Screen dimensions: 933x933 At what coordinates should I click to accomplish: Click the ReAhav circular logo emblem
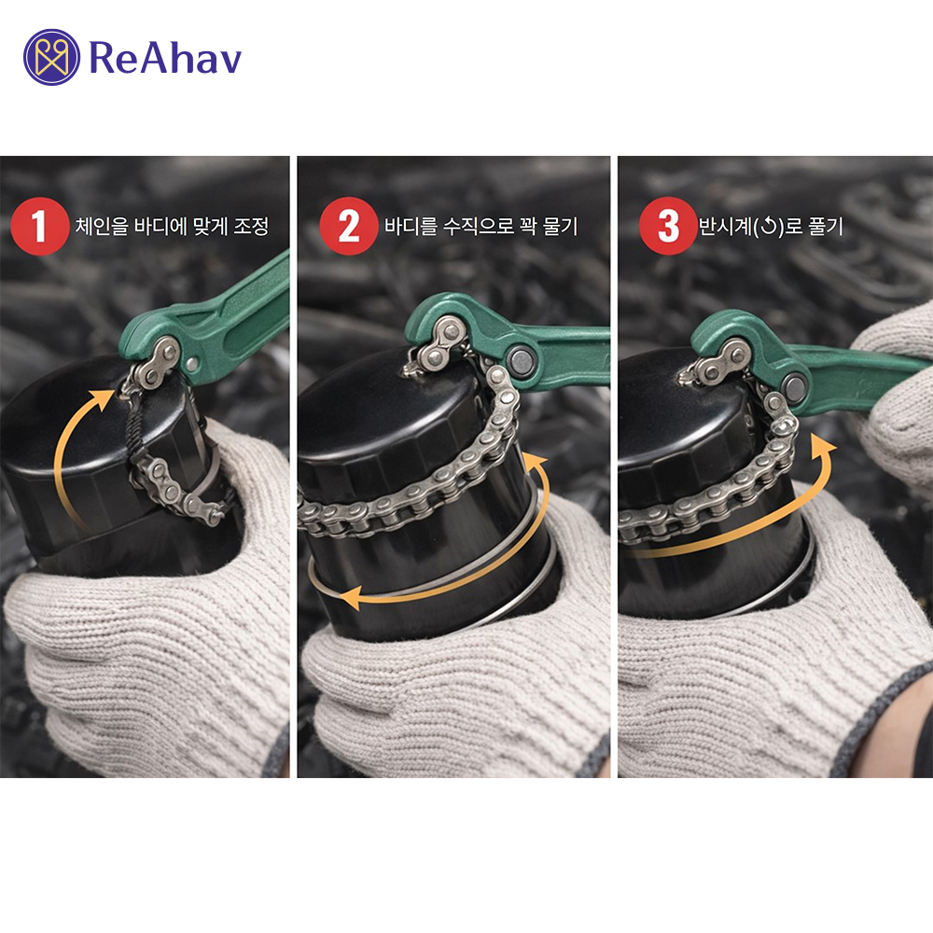point(51,57)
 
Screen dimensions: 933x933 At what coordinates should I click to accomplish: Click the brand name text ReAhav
point(165,58)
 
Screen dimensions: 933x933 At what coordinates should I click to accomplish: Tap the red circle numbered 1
point(39,226)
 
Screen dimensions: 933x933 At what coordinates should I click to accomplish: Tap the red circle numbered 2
point(348,226)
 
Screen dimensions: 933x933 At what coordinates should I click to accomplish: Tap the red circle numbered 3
point(668,226)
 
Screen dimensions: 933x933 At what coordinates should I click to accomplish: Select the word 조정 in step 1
point(250,226)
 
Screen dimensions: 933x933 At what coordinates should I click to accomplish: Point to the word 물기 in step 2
point(560,226)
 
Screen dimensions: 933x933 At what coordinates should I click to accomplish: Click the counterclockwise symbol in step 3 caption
point(770,227)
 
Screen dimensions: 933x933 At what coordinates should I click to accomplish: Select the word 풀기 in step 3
point(826,226)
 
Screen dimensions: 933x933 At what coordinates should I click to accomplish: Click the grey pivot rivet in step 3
point(796,387)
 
